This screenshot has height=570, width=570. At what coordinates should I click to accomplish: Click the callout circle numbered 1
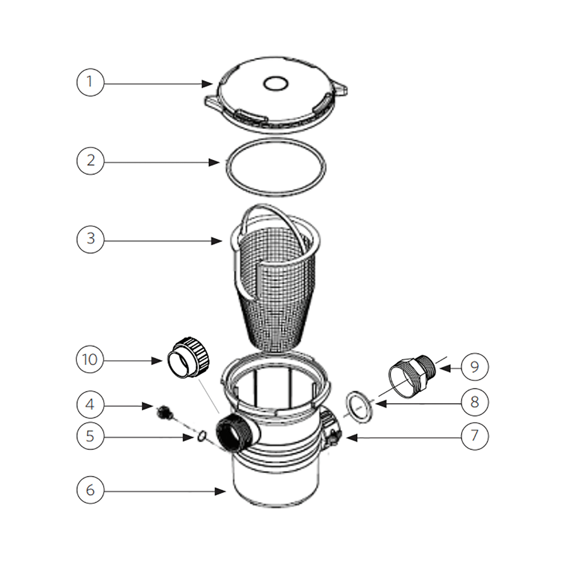pos(89,83)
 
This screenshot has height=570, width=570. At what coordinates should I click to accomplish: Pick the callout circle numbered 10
pos(89,360)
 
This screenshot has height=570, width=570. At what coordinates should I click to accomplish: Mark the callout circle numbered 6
pos(89,490)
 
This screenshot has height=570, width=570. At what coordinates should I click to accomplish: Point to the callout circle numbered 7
pos(474,437)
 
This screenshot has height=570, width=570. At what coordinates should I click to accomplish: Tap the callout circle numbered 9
pos(474,367)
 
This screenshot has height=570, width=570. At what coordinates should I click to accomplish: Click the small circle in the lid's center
pos(274,84)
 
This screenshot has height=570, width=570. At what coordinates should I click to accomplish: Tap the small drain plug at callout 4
pos(164,412)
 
